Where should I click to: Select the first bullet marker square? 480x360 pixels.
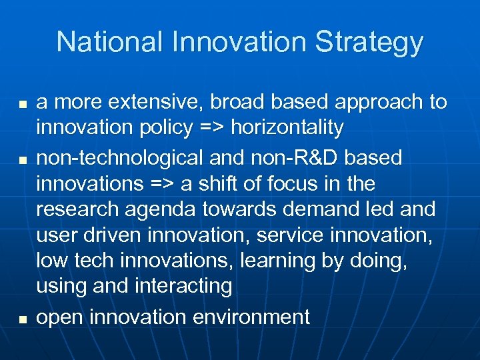[x=23, y=105]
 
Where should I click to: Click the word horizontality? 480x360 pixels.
[x=287, y=127]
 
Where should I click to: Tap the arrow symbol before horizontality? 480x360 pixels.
[x=211, y=127]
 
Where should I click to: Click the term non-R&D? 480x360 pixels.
[x=299, y=158]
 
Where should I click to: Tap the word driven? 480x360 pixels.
[x=113, y=235]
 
